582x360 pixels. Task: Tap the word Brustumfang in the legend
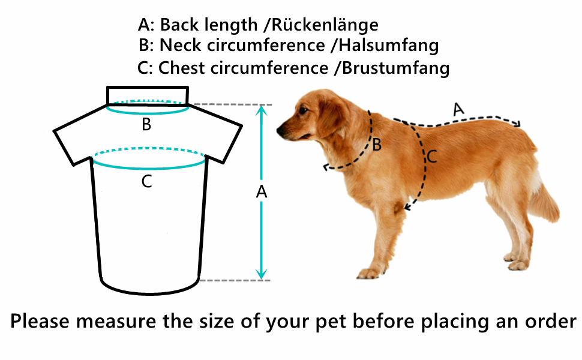click(x=395, y=68)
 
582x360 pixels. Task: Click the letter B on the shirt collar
click(x=146, y=125)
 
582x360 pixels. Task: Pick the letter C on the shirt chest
click(x=146, y=181)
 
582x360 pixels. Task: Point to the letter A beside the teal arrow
click(x=261, y=192)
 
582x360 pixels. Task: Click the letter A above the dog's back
click(x=458, y=110)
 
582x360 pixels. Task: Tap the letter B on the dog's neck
click(x=377, y=145)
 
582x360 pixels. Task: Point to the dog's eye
click(x=304, y=110)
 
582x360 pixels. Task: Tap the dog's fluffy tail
click(x=543, y=201)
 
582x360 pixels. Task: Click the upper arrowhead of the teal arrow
click(x=260, y=110)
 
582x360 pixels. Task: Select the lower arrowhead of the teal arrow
click(x=260, y=274)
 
